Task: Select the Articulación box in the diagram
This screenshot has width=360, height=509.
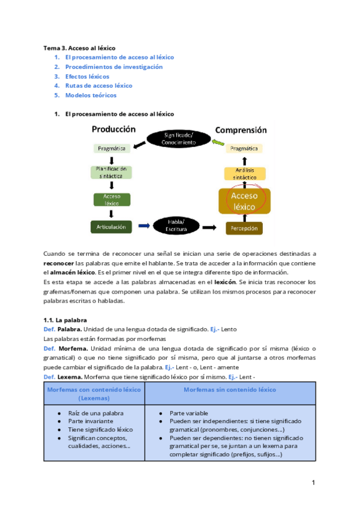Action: click(111, 226)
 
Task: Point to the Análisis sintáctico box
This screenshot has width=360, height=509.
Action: click(244, 174)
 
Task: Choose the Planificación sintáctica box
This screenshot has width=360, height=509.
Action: click(111, 172)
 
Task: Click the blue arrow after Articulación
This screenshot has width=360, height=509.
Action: click(145, 226)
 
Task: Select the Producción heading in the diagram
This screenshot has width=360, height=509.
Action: click(113, 129)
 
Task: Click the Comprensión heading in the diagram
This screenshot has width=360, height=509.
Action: click(241, 130)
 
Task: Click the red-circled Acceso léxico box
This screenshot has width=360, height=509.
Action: click(244, 201)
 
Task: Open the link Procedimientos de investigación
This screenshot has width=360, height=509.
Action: click(113, 67)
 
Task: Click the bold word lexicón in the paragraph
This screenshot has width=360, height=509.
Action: click(225, 282)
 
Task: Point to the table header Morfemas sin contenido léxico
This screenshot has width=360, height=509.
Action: click(230, 390)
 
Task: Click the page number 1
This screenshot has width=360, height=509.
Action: click(313, 483)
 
